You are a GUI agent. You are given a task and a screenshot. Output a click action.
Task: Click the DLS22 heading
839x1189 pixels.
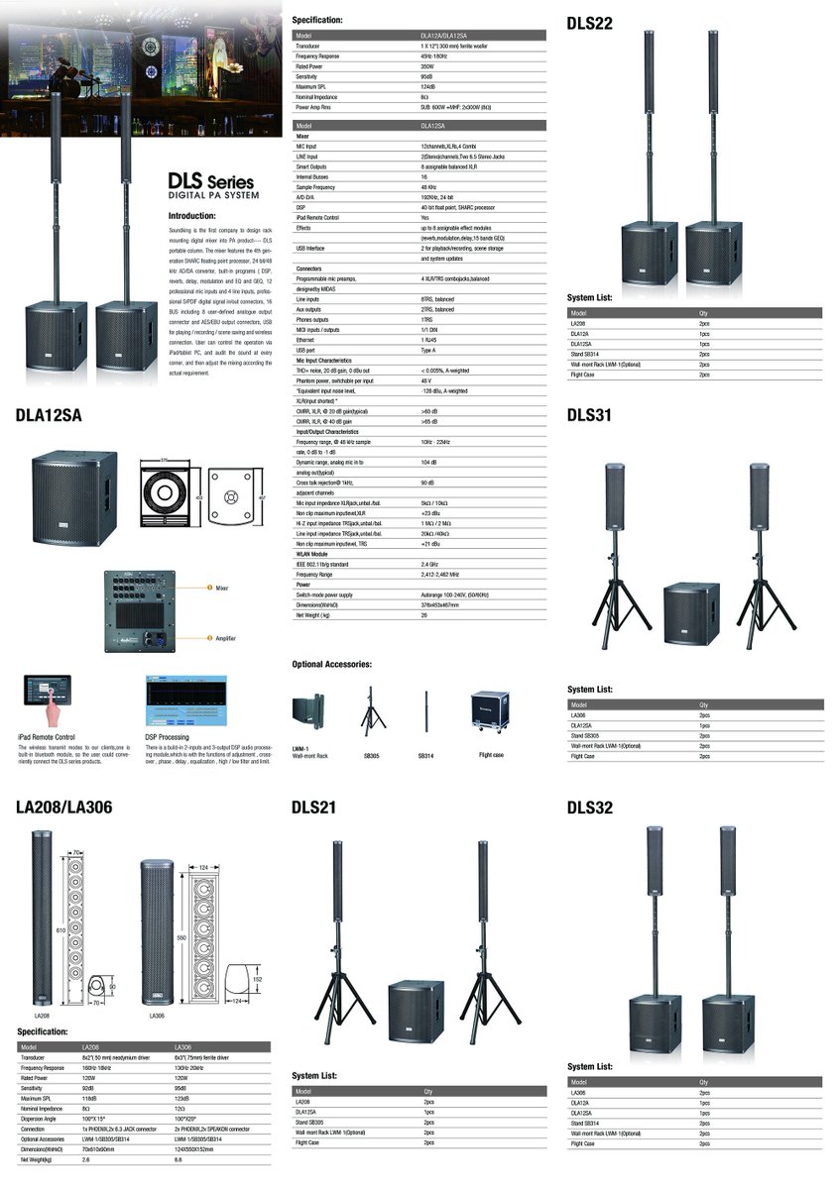(x=590, y=23)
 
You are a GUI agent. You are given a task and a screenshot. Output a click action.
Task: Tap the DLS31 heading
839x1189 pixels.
(x=590, y=415)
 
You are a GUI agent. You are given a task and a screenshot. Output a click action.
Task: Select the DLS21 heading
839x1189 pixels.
(x=314, y=807)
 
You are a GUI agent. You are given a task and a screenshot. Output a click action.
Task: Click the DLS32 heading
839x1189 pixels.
(x=590, y=807)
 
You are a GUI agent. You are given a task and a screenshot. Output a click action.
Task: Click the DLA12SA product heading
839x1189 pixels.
(x=49, y=415)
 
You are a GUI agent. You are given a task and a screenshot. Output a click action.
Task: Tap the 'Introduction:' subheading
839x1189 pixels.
(x=192, y=215)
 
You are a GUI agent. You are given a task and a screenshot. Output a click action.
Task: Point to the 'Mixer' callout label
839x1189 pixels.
(x=222, y=588)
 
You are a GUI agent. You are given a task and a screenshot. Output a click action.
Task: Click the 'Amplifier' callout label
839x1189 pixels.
(x=226, y=639)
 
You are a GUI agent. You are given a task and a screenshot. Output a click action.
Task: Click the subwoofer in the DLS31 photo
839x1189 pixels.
(x=690, y=612)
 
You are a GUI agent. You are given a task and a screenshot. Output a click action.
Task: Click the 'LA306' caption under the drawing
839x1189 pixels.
(x=157, y=1016)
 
